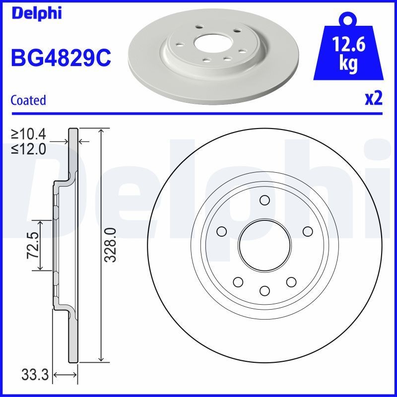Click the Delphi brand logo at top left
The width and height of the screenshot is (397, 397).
36,13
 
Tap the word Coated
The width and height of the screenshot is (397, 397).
28,100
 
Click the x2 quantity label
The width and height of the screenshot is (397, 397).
374,99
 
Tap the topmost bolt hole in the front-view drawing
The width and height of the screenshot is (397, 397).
264,200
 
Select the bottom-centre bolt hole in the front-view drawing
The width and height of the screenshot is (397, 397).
264,290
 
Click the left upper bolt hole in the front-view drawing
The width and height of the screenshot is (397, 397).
221,231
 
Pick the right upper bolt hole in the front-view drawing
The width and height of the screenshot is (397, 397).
307,231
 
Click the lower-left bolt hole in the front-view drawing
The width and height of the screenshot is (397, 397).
238,281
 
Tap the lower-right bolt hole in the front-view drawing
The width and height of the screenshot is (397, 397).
290,281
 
